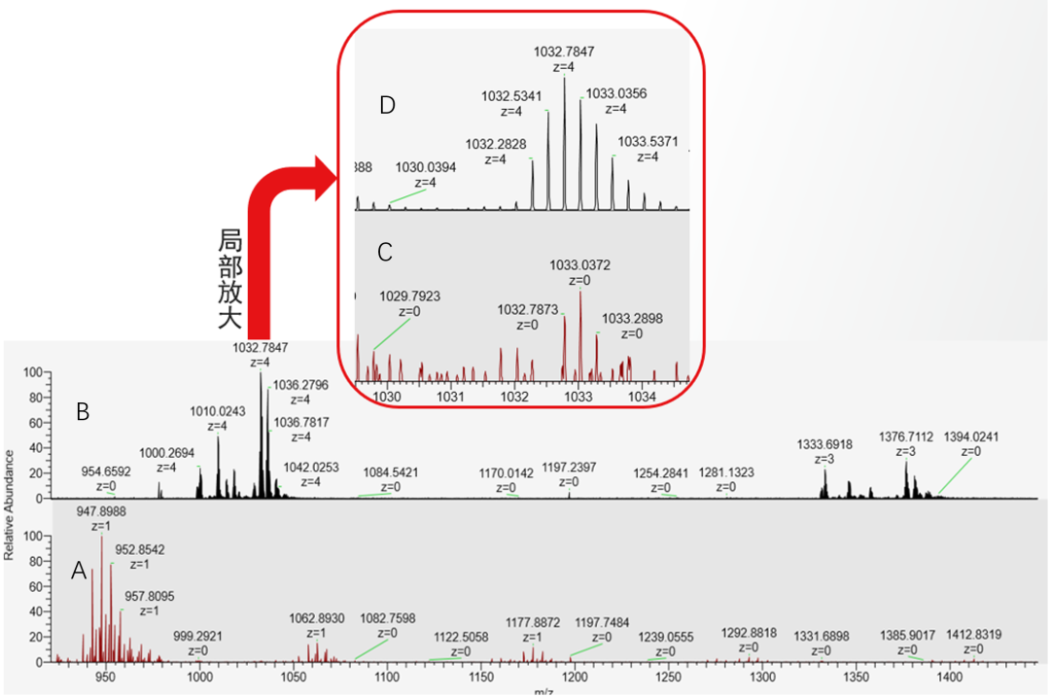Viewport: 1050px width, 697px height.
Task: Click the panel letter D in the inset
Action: coord(387,106)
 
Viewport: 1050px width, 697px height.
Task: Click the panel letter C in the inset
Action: coord(385,252)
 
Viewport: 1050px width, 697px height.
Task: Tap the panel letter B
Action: coord(84,412)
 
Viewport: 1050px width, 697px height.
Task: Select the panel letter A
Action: coord(80,573)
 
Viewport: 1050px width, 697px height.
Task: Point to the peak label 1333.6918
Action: coord(825,445)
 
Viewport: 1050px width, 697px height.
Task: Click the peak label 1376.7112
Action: coord(906,436)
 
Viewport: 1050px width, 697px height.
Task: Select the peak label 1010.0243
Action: coord(218,412)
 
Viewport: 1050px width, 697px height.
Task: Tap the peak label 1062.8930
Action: coord(316,618)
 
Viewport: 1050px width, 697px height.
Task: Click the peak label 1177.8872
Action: coord(533,622)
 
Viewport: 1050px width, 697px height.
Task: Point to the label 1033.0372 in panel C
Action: coord(580,265)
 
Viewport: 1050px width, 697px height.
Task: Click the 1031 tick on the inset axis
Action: coord(450,396)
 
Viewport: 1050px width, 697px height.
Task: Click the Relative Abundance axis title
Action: coord(10,505)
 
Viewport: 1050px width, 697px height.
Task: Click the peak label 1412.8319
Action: coord(973,635)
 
